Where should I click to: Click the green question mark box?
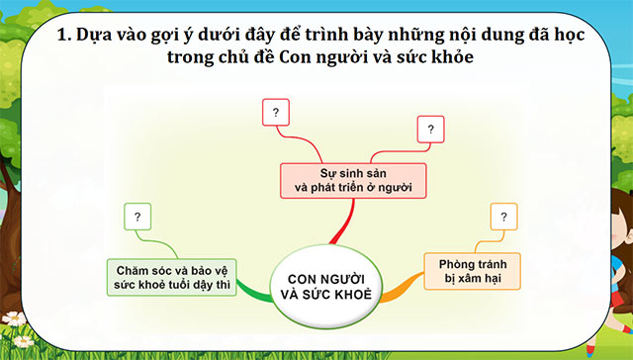tap(137, 216)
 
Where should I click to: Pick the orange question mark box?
tap(504, 217)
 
